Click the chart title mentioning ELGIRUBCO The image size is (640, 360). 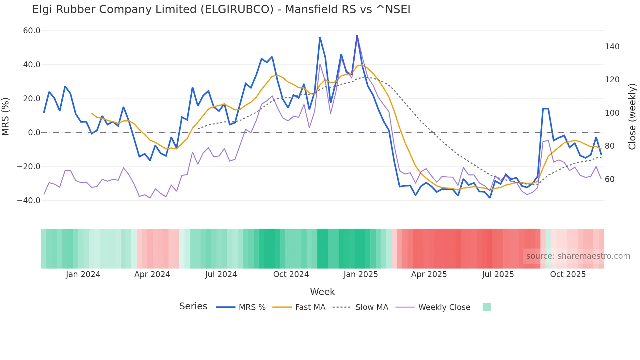point(221,9)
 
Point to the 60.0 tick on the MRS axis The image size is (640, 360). point(32,31)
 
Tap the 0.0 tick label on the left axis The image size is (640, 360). point(34,133)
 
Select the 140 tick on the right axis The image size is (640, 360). point(612,47)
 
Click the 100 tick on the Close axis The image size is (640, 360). point(612,113)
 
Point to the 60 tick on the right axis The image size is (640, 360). point(610,179)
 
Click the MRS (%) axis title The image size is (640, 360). point(6,117)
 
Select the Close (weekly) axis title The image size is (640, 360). point(632,117)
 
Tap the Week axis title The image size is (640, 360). point(322,292)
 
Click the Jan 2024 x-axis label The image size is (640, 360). point(83,274)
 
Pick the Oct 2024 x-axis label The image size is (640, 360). point(291,274)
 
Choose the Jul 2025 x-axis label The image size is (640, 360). point(498,274)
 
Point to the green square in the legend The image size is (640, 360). point(487,307)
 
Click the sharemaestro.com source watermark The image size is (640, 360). point(578,256)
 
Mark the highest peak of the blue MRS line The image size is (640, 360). point(357,36)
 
